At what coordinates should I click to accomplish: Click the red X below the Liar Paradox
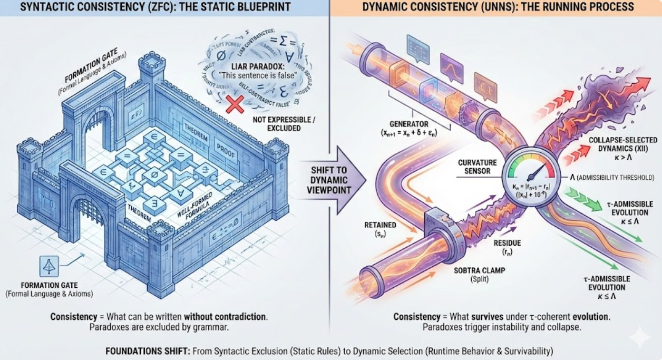[235, 103]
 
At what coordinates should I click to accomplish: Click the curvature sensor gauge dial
[530, 174]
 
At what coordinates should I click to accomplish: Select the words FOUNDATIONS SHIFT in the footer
[139, 351]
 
